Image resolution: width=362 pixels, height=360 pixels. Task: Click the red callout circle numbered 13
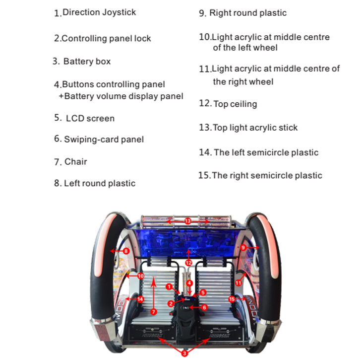point(188,221)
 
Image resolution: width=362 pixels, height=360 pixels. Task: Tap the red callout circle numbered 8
point(126,251)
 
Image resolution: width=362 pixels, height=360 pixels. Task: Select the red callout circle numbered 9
point(243,247)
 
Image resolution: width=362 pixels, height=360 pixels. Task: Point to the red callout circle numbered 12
point(188,263)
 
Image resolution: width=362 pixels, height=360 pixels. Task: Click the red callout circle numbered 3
point(184,353)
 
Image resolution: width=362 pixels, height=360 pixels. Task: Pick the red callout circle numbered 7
point(154,312)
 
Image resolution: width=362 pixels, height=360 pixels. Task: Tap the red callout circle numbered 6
point(204,307)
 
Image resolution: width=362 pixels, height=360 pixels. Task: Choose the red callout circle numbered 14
point(140,299)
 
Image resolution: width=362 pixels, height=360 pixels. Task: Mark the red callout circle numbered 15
point(232,299)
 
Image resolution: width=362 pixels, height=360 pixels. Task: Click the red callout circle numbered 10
point(141,276)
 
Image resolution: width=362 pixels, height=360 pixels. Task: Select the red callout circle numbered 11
point(238,283)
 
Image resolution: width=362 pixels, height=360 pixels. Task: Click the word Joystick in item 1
point(119,12)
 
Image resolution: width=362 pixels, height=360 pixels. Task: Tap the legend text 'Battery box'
point(87,62)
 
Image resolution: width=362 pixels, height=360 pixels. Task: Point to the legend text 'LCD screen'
point(90,118)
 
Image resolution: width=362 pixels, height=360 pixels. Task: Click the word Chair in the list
point(76,161)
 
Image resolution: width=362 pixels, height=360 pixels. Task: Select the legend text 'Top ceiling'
point(235,104)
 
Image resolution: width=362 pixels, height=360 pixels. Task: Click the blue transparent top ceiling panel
point(187,242)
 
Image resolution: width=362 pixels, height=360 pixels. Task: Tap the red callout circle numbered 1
point(169,287)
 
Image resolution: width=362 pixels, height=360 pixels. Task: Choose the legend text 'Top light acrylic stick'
point(255,128)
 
